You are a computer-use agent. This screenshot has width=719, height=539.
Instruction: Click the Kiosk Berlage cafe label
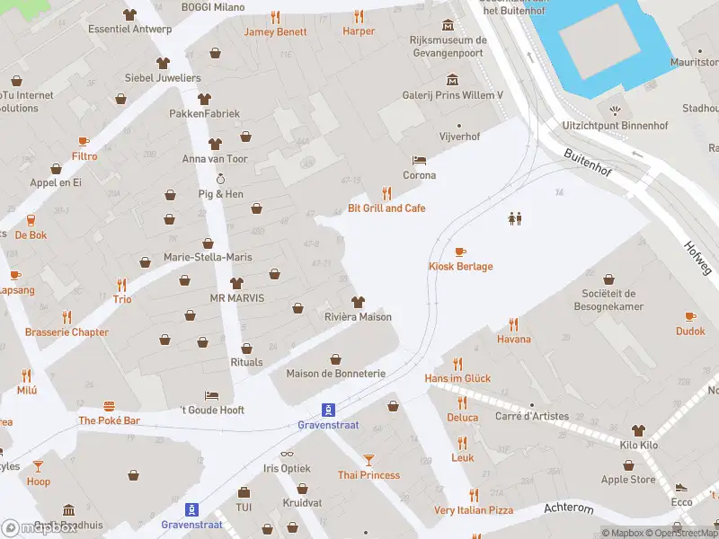pyautogui.click(x=459, y=267)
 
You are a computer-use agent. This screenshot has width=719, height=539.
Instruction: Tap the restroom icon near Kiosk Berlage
pyautogui.click(x=515, y=217)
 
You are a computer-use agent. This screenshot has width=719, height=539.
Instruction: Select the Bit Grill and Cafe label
pyautogui.click(x=386, y=208)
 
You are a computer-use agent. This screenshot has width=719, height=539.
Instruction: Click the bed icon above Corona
pyautogui.click(x=419, y=160)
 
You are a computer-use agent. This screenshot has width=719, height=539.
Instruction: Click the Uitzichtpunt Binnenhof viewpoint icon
pyautogui.click(x=615, y=110)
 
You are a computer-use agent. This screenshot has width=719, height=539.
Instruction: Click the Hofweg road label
pyautogui.click(x=696, y=258)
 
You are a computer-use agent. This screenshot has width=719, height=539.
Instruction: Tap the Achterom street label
pyautogui.click(x=569, y=508)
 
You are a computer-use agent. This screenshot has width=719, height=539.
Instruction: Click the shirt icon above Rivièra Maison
pyautogui.click(x=358, y=301)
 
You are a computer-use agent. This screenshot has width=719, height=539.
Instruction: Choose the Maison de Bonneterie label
pyautogui.click(x=335, y=374)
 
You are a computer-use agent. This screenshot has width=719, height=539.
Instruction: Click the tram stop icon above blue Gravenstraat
pyautogui.click(x=329, y=408)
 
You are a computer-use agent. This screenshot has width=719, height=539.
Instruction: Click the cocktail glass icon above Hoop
pyautogui.click(x=38, y=465)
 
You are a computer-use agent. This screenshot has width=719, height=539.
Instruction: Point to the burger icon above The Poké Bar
pyautogui.click(x=109, y=405)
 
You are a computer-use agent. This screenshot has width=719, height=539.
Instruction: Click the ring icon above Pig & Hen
pyautogui.click(x=220, y=179)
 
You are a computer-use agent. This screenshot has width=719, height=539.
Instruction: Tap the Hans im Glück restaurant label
pyautogui.click(x=457, y=378)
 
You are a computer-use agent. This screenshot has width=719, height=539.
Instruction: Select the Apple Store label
pyautogui.click(x=627, y=480)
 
